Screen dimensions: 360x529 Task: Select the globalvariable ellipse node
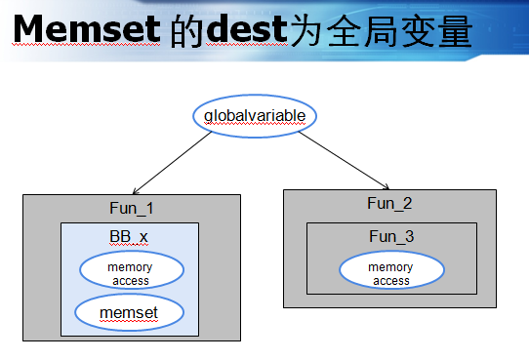tap(255, 116)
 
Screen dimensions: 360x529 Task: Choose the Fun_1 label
tap(131, 209)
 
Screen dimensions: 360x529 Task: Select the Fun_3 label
tap(390, 237)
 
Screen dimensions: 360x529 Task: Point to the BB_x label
tap(129, 237)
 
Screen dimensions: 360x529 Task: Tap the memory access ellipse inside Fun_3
tap(390, 272)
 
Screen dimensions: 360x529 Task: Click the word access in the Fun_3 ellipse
tap(390, 281)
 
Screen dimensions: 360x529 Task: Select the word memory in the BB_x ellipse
tap(129, 265)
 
